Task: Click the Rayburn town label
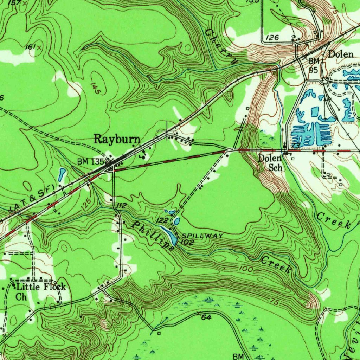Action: click(116, 139)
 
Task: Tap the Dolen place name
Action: click(340, 54)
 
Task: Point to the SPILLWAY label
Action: click(202, 236)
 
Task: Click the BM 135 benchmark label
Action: click(91, 162)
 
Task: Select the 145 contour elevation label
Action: click(95, 88)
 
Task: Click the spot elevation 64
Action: click(206, 317)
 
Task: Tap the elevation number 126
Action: click(272, 37)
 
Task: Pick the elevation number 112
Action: click(120, 206)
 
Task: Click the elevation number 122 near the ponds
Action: click(162, 220)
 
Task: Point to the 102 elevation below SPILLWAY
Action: click(187, 242)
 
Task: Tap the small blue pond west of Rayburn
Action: click(62, 173)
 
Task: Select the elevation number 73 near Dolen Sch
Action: click(295, 146)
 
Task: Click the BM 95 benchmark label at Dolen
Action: click(313, 65)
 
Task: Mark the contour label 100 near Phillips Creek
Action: click(245, 269)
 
